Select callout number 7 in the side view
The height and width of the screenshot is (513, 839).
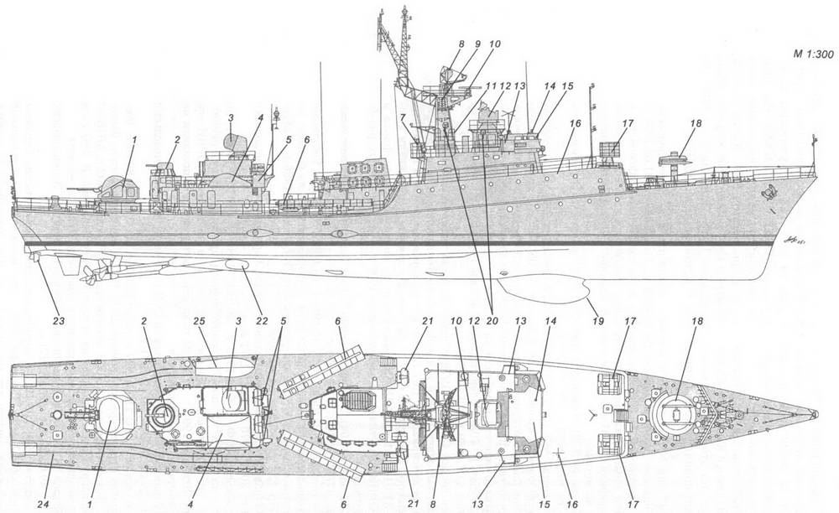pos(403,118)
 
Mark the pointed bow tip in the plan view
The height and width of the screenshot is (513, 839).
pos(814,414)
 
